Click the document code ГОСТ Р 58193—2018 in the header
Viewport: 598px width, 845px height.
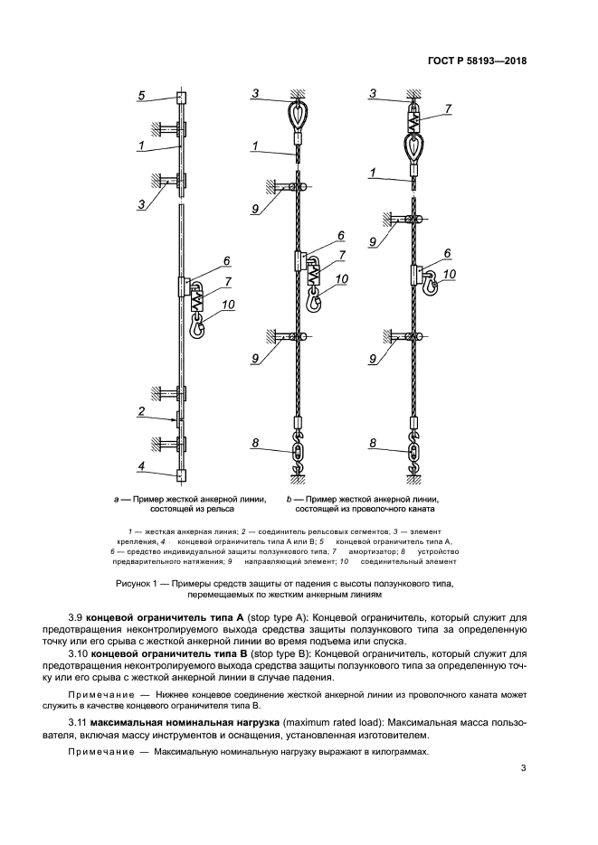point(477,61)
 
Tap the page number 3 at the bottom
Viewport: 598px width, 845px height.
point(523,769)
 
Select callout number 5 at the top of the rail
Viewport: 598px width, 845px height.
point(141,95)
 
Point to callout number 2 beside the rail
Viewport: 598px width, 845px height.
point(142,411)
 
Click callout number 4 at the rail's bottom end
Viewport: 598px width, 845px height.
point(141,468)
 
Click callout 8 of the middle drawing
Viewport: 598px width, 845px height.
point(256,442)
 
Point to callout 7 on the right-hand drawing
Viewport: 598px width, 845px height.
point(448,108)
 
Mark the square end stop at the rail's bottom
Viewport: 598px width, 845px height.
point(181,474)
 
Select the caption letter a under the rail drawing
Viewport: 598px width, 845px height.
point(116,498)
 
